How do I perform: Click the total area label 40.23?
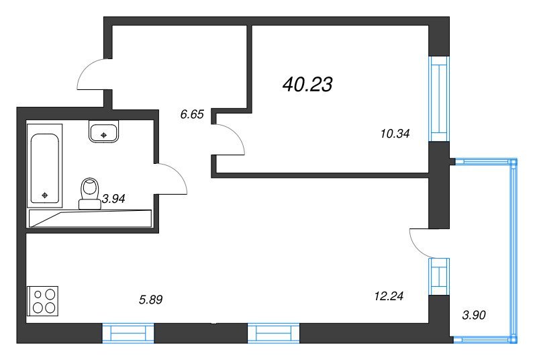point(307,84)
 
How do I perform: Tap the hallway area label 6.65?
point(192,114)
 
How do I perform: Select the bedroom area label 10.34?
point(395,134)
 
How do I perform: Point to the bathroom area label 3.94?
point(113,198)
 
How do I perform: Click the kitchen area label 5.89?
point(150,300)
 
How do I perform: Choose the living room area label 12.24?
point(389,296)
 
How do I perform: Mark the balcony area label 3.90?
point(474,315)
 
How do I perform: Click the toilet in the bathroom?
point(90,193)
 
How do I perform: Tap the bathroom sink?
point(103,131)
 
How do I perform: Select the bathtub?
point(44,166)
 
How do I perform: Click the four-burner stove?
point(43,301)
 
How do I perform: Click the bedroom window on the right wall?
point(439,99)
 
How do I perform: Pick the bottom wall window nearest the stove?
point(128,333)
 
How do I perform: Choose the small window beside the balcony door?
point(439,277)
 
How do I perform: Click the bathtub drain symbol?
point(44,195)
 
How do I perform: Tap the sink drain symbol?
point(104,135)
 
